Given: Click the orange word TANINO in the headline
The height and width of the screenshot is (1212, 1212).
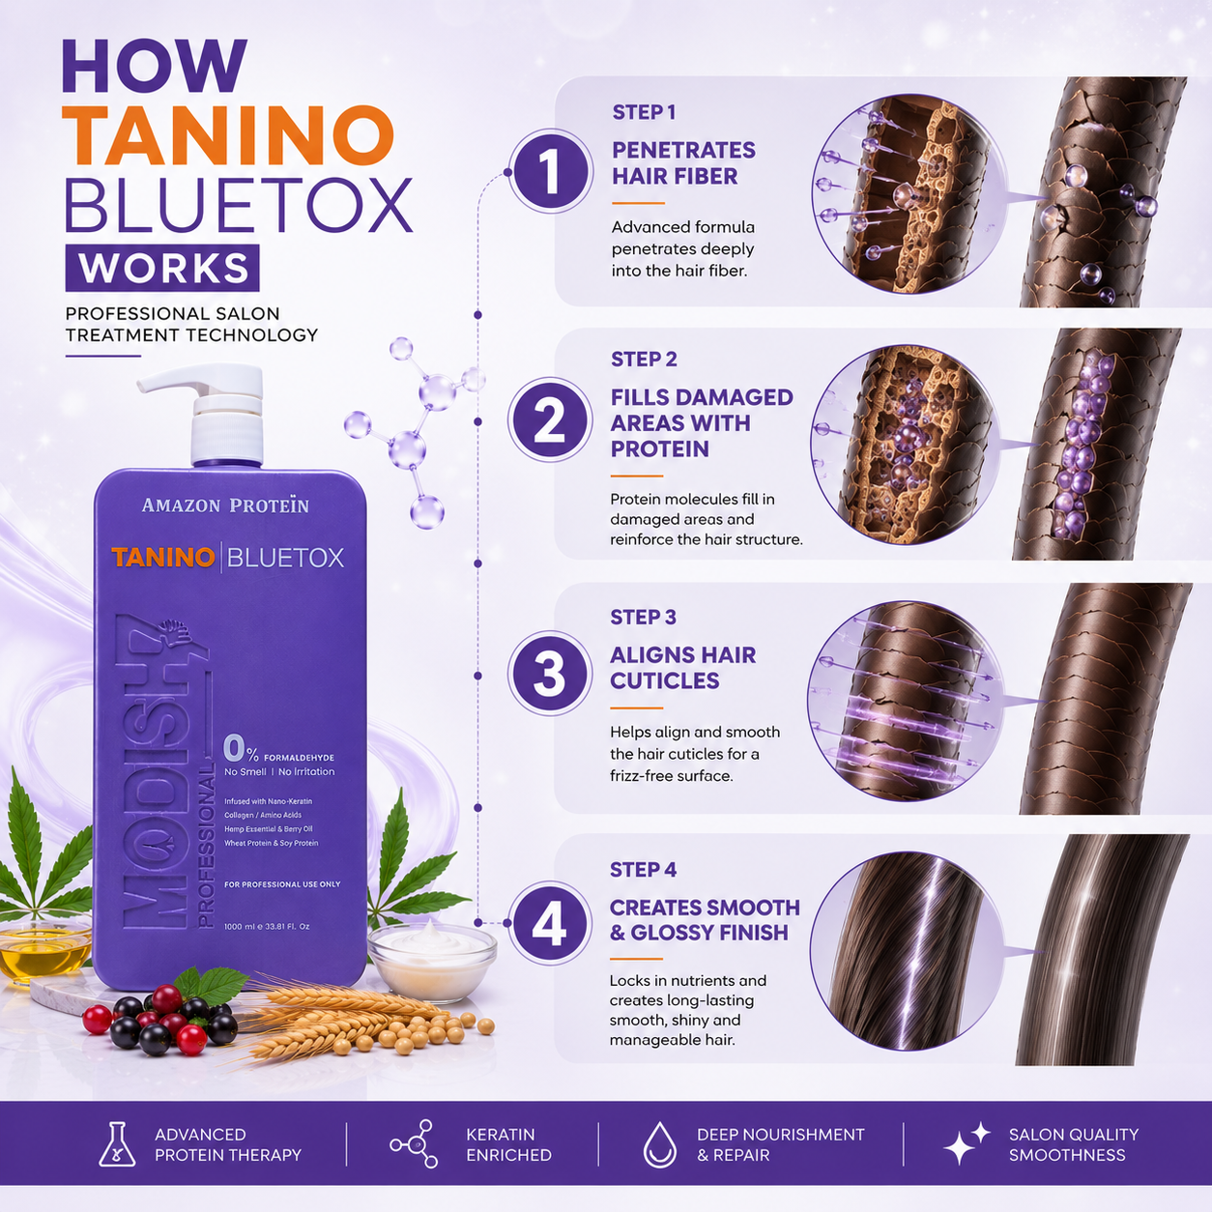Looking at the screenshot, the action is click(230, 136).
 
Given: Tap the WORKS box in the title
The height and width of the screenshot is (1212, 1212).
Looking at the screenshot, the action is click(162, 268).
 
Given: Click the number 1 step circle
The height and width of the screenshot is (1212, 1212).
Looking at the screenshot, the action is click(550, 172).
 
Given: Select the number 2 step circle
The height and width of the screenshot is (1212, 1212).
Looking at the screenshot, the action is click(550, 420).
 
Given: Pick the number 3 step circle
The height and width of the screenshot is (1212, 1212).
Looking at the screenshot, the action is click(550, 674).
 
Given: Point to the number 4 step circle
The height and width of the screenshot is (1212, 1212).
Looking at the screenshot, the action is click(550, 923).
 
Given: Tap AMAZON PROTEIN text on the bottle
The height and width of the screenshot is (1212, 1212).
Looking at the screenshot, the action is click(226, 505).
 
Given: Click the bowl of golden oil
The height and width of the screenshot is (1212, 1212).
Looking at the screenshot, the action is click(45, 950).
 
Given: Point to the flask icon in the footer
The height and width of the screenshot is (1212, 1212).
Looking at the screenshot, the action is click(117, 1143).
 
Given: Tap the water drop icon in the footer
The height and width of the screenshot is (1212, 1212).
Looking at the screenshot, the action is click(660, 1144).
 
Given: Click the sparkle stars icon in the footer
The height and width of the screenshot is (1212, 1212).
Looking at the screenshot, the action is click(967, 1143).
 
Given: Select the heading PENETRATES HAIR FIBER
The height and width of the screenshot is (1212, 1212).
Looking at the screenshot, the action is click(683, 163).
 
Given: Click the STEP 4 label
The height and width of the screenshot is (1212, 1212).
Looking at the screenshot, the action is click(644, 870).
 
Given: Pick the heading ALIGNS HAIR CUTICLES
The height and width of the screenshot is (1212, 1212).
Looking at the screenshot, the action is click(682, 668).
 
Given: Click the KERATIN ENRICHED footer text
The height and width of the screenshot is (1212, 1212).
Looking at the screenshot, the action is click(508, 1144).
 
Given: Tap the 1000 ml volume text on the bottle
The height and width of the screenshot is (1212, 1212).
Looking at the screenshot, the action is click(268, 927).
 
